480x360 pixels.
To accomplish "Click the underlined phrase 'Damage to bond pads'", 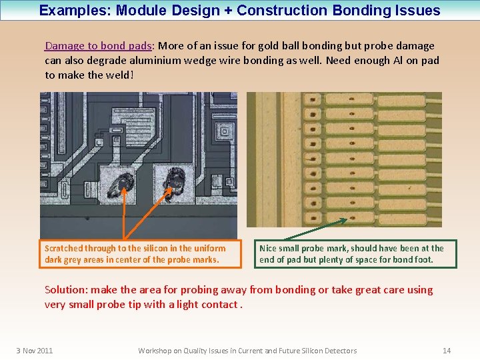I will (98, 46).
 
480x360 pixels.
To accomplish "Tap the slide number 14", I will (447, 351).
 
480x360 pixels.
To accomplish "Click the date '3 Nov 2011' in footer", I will (35, 351).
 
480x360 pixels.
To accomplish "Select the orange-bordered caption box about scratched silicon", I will (139, 254).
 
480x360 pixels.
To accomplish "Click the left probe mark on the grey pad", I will (122, 181).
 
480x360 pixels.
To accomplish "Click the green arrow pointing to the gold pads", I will (313, 229).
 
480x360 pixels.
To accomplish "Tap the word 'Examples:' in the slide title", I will (69, 11).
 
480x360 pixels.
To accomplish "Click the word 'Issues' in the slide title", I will (418, 11).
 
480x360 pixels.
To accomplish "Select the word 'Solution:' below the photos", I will (66, 290).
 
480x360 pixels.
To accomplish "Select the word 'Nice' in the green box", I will (268, 249).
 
